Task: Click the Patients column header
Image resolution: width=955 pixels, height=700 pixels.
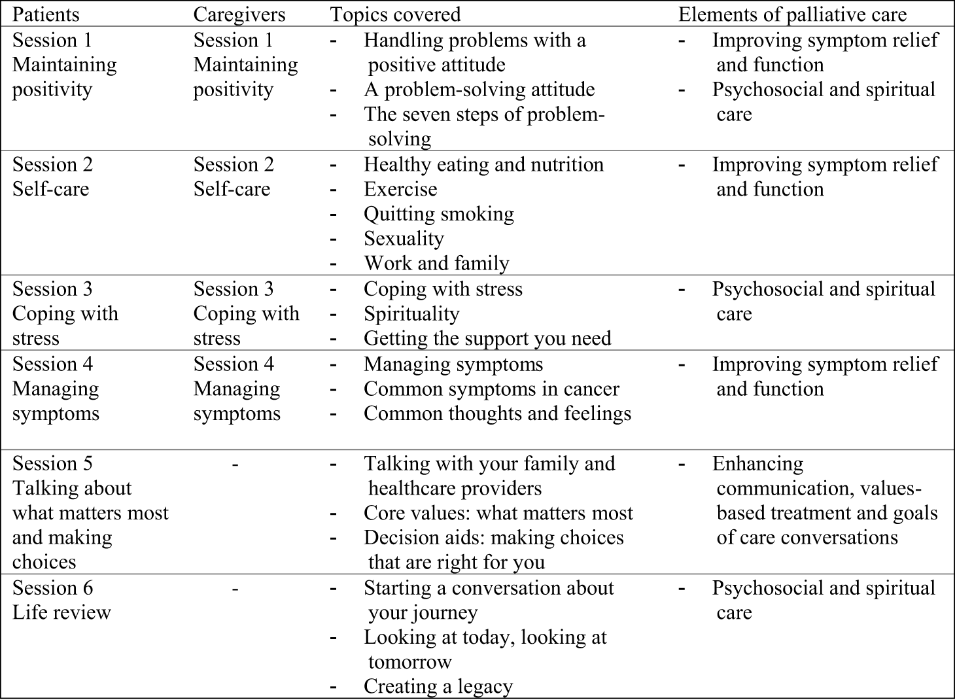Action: [x=46, y=14]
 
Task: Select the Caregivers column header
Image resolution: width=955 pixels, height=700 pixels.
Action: [x=239, y=14]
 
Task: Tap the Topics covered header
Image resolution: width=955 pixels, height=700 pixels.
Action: [x=396, y=14]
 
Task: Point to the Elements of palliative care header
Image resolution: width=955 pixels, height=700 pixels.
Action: [x=793, y=14]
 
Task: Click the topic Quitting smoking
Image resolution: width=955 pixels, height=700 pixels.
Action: [x=439, y=214]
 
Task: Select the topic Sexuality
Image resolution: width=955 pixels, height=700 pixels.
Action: [x=404, y=239]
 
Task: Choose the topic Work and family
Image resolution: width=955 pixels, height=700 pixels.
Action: [x=436, y=264]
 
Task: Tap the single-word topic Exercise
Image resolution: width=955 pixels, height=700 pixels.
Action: [x=400, y=189]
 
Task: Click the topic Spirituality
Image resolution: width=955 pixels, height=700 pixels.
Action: [x=412, y=314]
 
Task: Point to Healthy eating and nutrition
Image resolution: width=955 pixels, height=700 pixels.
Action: [x=484, y=165]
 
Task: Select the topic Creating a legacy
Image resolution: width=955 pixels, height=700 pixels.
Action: [x=438, y=687]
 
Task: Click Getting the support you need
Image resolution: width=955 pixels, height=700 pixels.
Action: [x=487, y=338]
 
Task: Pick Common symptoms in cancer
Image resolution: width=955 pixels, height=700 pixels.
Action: [x=492, y=389]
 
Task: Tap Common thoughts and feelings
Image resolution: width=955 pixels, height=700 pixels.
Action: [x=498, y=413]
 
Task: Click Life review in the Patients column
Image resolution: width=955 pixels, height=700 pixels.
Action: [x=62, y=612]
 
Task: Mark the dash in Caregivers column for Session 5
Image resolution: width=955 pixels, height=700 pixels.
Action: [x=235, y=464]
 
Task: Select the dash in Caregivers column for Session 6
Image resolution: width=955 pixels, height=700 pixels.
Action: [x=235, y=589]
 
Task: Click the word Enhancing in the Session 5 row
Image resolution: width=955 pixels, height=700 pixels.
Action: [x=757, y=464]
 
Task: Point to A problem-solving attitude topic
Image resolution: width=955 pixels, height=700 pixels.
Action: [x=479, y=90]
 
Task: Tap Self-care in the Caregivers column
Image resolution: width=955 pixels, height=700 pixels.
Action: [x=232, y=189]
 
